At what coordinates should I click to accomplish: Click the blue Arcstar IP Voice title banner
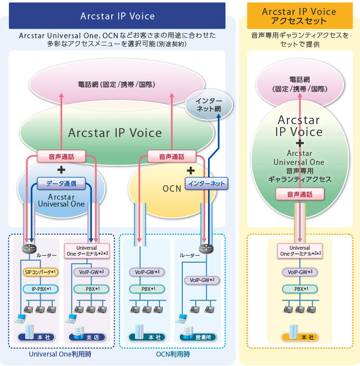[117, 16]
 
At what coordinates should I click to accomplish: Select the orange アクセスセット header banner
[299, 16]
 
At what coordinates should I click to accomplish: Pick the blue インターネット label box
[206, 184]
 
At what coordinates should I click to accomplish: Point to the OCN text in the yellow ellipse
[172, 189]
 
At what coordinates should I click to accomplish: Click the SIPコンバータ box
[40, 272]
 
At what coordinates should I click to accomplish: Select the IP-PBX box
[40, 289]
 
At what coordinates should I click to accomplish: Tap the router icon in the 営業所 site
[205, 249]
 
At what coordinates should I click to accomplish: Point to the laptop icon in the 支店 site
[72, 318]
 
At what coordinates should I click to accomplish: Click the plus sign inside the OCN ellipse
[190, 170]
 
